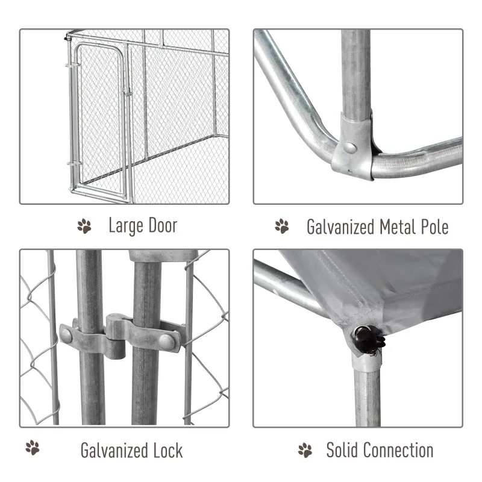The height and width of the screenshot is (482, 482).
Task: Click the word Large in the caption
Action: (125, 227)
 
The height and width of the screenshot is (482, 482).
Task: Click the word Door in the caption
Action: (161, 227)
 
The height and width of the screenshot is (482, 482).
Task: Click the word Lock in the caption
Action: (168, 450)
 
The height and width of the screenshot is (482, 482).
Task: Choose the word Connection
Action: (398, 450)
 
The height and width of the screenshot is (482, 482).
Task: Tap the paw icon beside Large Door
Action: (84, 227)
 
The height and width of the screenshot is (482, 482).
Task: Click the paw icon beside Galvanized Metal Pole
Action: (282, 227)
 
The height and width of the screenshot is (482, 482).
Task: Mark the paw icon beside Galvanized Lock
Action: (33, 449)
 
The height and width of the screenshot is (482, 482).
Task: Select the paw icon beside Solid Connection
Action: (305, 450)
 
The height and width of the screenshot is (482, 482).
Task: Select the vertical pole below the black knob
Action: (367, 392)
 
